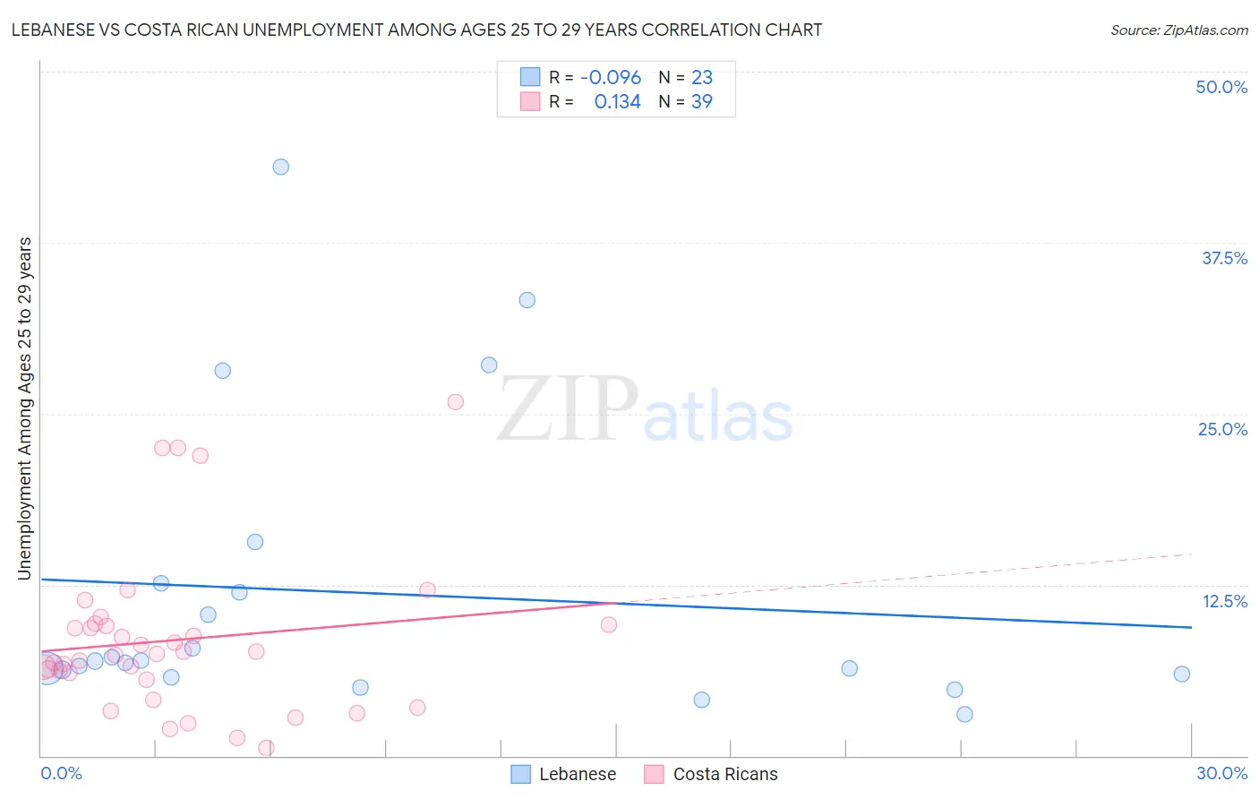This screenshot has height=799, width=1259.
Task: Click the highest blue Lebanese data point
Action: [280, 167]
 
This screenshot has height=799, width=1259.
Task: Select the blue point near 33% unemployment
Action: [527, 300]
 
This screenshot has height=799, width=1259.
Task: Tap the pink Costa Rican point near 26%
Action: [455, 402]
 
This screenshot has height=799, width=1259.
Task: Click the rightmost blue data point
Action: [1181, 674]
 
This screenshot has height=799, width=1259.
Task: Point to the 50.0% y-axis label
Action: [1221, 87]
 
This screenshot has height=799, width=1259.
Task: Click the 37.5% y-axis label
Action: [1224, 258]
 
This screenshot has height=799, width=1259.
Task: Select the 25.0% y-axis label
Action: [1222, 429]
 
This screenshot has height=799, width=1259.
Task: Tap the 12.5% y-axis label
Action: [1224, 601]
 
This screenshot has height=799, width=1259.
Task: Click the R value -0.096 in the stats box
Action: [611, 78]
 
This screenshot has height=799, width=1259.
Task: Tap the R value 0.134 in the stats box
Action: [617, 102]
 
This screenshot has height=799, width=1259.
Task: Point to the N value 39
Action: [701, 102]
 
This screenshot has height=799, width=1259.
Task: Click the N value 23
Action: [701, 78]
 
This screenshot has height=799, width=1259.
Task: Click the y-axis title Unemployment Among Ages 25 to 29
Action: [24, 408]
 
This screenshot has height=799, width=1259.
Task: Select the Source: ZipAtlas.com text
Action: [1178, 30]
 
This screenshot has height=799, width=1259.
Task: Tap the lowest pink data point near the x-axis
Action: [265, 748]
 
